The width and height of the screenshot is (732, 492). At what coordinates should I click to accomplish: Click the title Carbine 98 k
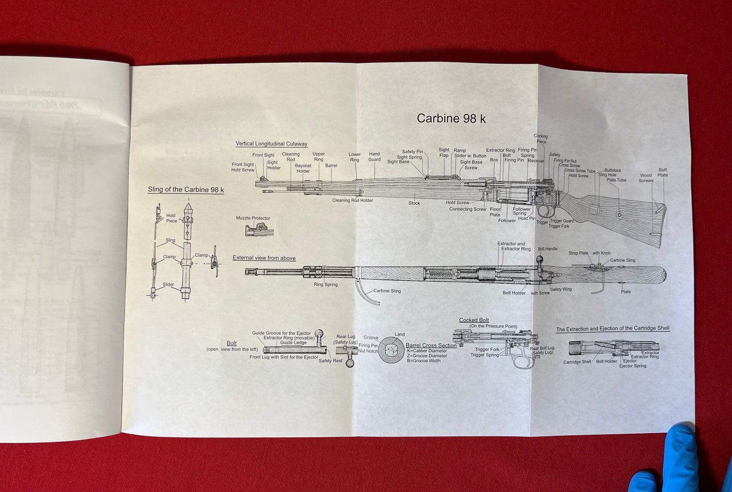point(451,119)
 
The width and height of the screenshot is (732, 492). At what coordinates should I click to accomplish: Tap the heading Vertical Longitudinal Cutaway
point(271,144)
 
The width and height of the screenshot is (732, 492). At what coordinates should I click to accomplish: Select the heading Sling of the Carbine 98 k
point(185,190)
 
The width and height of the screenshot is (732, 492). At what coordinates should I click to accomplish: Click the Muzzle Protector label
point(253,218)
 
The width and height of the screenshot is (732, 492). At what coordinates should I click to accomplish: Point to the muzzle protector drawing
point(259,230)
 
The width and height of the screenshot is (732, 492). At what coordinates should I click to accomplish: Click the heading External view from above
point(264,258)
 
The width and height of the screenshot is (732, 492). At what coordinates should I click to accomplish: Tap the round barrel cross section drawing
point(391,350)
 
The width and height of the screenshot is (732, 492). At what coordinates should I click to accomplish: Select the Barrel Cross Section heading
point(431,346)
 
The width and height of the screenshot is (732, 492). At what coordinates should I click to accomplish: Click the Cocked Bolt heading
point(474,320)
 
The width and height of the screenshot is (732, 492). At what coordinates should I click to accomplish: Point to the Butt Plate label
point(663,173)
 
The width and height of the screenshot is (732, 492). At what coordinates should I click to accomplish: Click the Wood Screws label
point(645,178)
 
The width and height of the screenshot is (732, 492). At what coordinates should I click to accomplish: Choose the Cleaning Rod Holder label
point(352,201)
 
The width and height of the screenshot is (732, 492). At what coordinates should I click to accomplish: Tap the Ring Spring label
point(325,285)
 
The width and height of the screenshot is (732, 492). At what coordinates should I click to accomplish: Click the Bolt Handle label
point(547,249)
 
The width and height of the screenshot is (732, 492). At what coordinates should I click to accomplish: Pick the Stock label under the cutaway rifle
point(414,203)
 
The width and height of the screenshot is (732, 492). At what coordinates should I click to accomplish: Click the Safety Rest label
point(330,361)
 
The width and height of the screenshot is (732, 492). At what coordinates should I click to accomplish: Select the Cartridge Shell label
point(577,362)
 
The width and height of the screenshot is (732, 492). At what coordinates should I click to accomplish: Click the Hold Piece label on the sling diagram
point(171,218)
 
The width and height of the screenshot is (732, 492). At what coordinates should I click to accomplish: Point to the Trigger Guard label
point(561,221)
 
